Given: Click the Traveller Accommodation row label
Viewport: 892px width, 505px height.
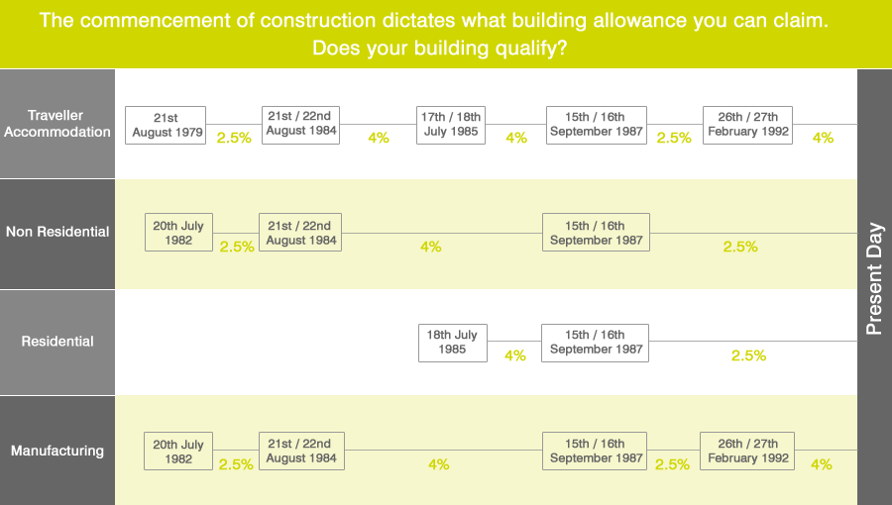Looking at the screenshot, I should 57,124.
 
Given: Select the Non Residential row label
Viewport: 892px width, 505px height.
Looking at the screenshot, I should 57,232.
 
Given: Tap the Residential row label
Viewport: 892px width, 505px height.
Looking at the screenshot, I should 57,342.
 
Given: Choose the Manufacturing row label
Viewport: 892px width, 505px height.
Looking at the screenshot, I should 57,451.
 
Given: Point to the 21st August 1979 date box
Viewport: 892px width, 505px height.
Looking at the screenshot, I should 166,125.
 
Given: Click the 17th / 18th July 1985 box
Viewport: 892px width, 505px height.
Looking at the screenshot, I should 451,125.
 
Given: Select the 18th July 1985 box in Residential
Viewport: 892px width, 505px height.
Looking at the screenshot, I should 452,342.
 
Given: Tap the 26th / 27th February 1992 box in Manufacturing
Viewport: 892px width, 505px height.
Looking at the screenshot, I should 748,451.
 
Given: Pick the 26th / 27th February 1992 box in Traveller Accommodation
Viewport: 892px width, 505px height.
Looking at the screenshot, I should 748,125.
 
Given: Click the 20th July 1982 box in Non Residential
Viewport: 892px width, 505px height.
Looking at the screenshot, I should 178,233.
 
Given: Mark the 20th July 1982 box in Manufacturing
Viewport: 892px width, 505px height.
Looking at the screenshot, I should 178,452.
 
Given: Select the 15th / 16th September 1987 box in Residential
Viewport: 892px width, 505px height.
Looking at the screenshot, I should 596,342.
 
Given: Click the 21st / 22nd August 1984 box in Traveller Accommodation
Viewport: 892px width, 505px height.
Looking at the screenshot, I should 300,124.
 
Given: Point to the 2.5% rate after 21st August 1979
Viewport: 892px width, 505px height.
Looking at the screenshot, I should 234,139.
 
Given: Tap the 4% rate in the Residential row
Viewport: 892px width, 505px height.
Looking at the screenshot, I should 515,355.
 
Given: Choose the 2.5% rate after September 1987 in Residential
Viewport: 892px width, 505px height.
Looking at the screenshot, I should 748,355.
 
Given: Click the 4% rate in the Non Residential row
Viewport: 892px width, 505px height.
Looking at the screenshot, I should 430,247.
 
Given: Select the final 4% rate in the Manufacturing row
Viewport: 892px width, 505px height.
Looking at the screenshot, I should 822,464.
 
